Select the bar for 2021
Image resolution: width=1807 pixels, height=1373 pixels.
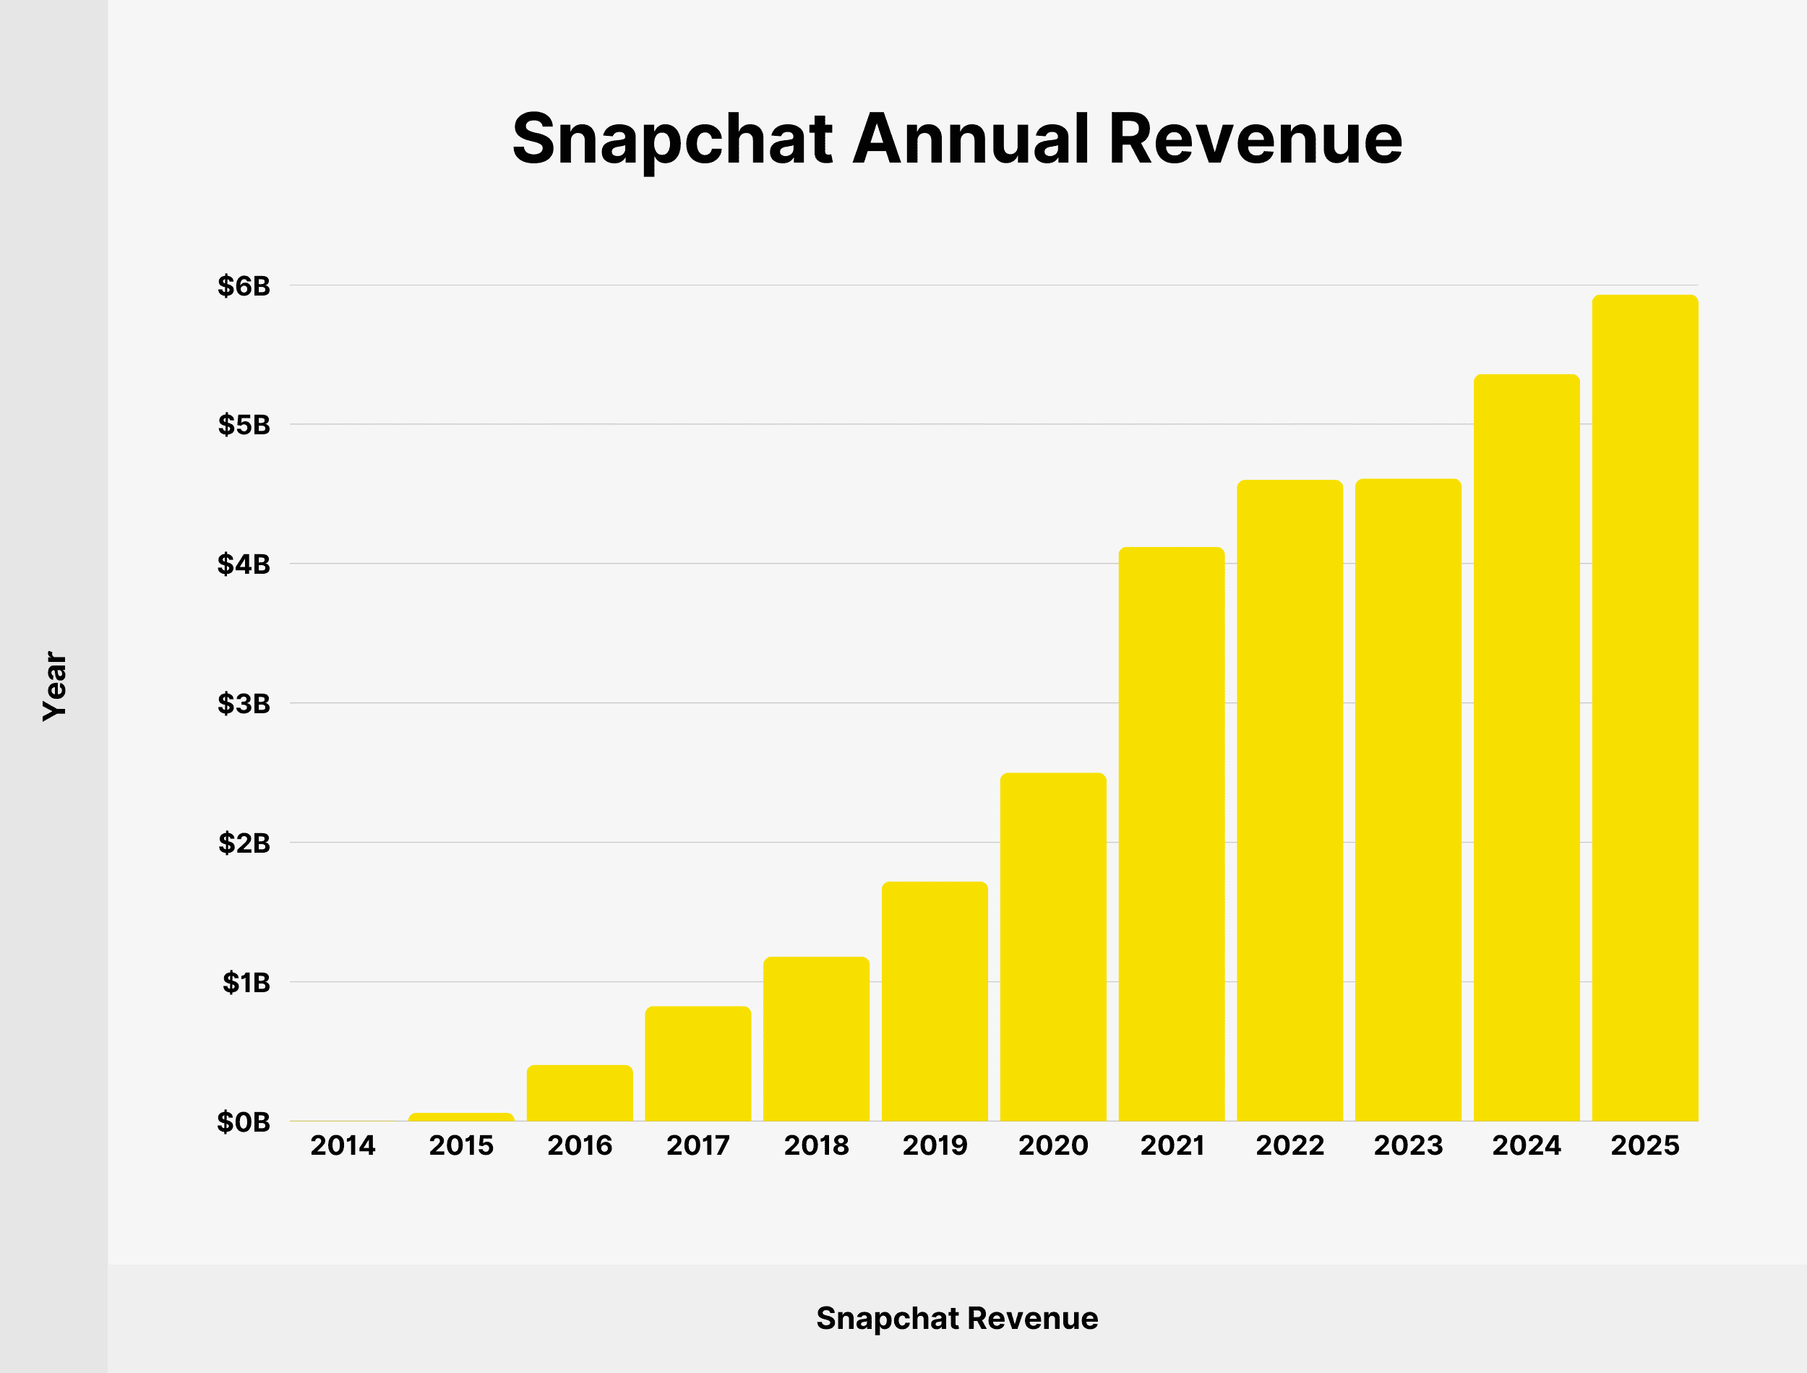(x=1171, y=834)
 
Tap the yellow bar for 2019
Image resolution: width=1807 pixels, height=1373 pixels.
(x=934, y=1001)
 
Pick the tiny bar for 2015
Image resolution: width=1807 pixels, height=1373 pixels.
(x=461, y=1116)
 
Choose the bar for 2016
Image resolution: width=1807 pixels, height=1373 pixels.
(x=580, y=1093)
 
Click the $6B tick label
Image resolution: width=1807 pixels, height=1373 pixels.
(x=244, y=286)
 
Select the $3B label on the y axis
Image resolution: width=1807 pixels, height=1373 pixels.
(x=244, y=703)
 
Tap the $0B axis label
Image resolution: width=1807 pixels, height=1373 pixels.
(x=244, y=1122)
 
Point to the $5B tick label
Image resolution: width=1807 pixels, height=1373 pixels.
(x=244, y=425)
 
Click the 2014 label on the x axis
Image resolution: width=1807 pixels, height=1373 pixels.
(x=343, y=1146)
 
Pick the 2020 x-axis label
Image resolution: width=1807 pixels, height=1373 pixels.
(x=1052, y=1146)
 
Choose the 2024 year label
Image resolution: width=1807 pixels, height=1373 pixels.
(x=1526, y=1146)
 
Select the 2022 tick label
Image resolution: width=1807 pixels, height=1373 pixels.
(x=1289, y=1146)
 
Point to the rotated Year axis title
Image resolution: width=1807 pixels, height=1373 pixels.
(x=55, y=686)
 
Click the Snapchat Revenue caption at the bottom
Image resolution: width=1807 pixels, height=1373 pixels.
(x=957, y=1318)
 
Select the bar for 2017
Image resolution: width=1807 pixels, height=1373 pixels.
(x=698, y=1063)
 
